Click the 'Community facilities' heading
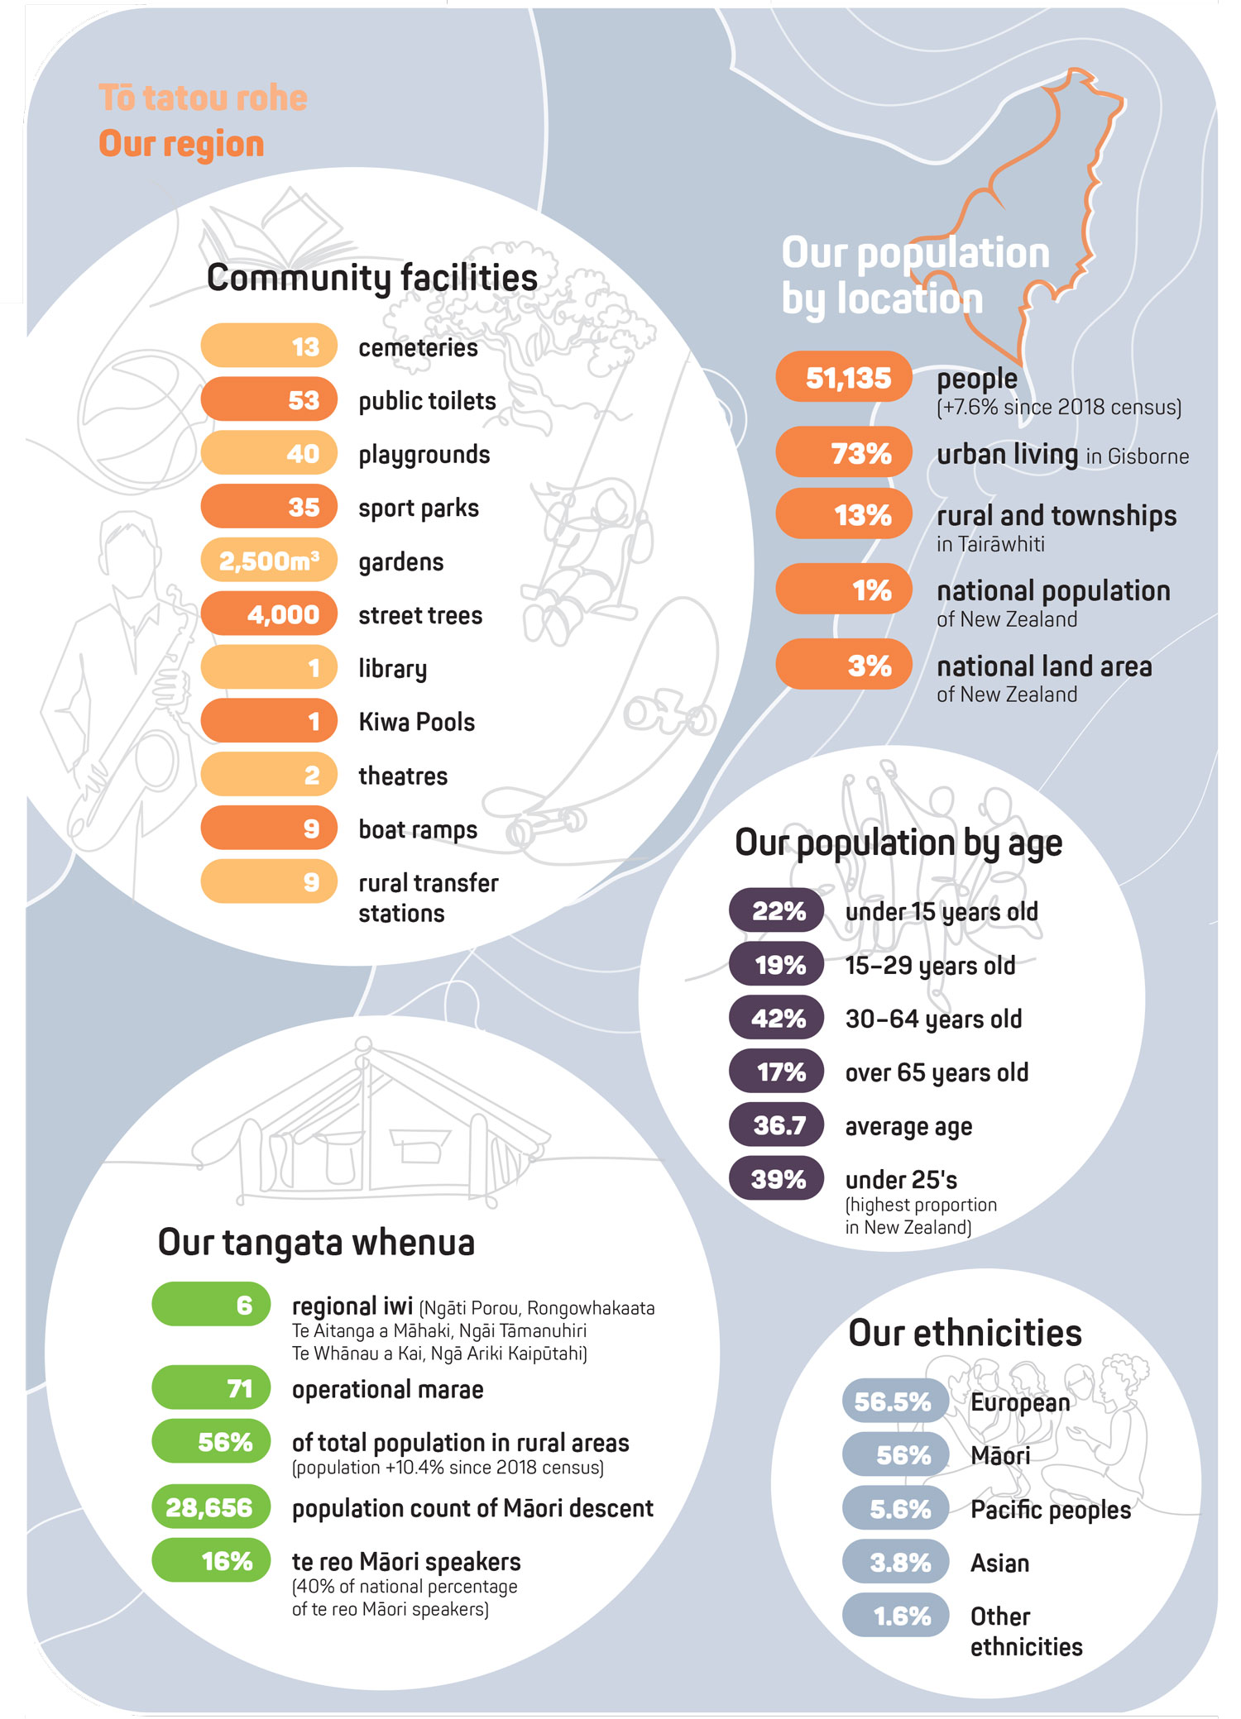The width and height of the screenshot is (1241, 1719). [371, 278]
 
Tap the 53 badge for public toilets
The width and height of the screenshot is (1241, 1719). [269, 400]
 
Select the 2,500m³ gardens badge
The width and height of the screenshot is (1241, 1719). [269, 561]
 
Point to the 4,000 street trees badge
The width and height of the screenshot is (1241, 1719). [269, 614]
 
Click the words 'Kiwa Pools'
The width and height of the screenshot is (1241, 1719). [416, 722]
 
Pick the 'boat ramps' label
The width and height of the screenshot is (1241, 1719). [418, 829]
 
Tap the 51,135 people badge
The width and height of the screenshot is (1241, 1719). [844, 378]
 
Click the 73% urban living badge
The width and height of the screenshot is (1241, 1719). [844, 453]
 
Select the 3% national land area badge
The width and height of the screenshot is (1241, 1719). [844, 666]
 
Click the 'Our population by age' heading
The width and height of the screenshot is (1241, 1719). [898, 843]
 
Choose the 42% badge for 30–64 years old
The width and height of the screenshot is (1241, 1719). [776, 1018]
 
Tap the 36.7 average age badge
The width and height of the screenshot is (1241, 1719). [776, 1125]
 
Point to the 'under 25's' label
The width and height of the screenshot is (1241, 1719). [901, 1180]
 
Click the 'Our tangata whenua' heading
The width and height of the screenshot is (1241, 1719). [316, 1243]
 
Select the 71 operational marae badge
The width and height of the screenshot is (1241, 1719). [212, 1388]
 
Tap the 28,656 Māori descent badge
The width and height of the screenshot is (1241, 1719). [212, 1507]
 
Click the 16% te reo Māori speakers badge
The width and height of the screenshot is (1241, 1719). [212, 1561]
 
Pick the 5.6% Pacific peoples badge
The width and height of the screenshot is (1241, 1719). [896, 1509]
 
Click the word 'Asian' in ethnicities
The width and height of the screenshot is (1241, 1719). [999, 1563]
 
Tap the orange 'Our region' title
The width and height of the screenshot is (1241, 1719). [181, 144]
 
